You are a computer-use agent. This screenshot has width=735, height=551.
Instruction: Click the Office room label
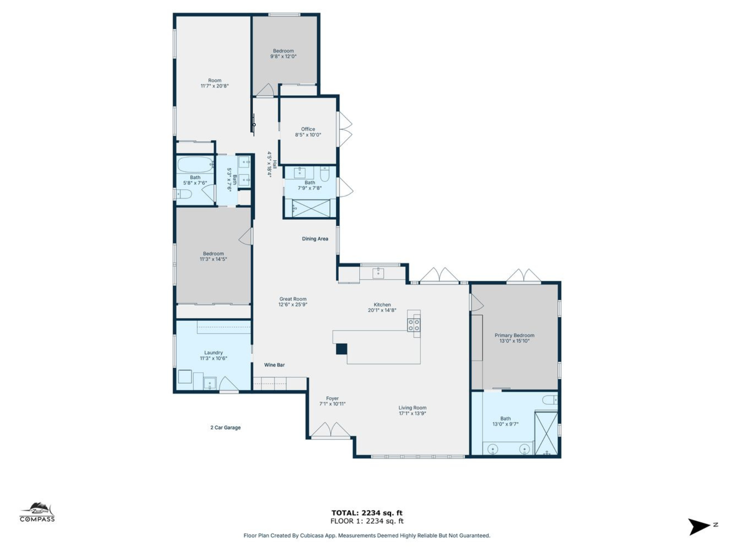[x=308, y=129]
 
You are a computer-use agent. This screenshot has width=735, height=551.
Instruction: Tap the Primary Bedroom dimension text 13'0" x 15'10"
[x=514, y=341]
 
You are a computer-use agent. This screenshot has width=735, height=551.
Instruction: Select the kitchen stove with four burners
[x=414, y=325]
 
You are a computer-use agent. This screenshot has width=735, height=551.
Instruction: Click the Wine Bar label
[x=274, y=365]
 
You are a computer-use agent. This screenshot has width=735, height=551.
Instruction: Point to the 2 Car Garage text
[x=225, y=427]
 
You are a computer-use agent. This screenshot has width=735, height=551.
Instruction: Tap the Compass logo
[x=37, y=513]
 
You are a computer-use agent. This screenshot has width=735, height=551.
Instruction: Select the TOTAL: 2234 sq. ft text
[x=367, y=513]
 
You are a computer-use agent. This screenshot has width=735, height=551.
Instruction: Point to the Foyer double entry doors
[x=330, y=430]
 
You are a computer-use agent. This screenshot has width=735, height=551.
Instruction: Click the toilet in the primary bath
[x=551, y=400]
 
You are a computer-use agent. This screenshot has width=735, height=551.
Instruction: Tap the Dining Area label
[x=315, y=239]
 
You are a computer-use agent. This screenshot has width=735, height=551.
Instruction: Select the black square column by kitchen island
[x=341, y=349]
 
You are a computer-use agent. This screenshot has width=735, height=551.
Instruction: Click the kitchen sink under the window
[x=378, y=273]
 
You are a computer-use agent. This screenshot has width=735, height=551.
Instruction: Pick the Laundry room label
[x=213, y=353]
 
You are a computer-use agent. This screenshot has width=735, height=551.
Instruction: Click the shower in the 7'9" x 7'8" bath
[x=311, y=208]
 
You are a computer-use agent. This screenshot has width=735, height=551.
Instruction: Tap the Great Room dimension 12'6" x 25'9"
[x=292, y=305]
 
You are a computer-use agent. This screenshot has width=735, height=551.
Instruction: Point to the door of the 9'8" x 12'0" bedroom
[x=266, y=91]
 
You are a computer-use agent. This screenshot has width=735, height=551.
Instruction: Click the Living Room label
[x=412, y=408]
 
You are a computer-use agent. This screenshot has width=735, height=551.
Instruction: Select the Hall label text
[x=274, y=164]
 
